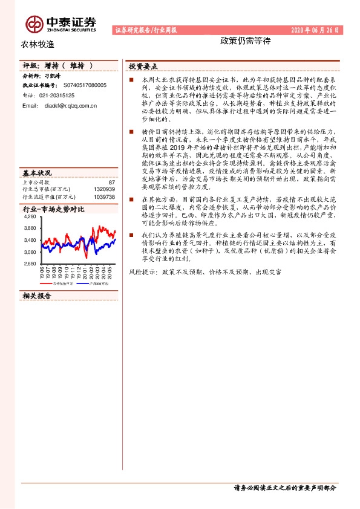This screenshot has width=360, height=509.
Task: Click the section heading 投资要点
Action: click(x=144, y=66)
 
